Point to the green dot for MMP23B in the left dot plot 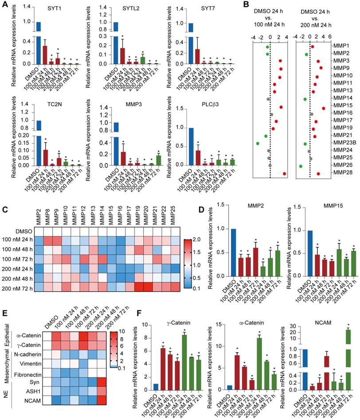coord(258,143)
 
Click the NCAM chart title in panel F coord(317,315)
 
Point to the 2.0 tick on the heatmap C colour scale coord(196,241)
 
